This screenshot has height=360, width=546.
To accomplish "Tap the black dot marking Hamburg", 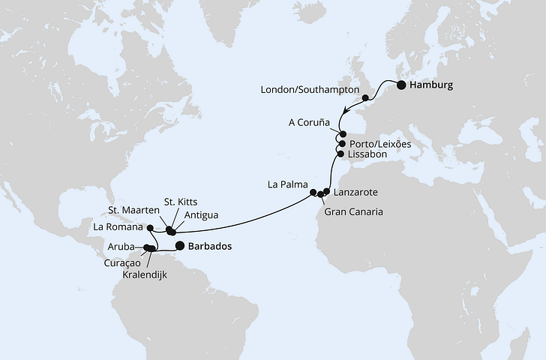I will (x=401, y=85).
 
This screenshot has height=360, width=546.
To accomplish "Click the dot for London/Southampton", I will (x=365, y=97).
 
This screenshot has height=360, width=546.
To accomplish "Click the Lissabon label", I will (x=367, y=154).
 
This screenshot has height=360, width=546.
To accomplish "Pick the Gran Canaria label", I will (x=354, y=212).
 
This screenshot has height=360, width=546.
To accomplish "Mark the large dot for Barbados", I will (x=180, y=245).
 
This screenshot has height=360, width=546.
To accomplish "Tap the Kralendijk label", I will (x=151, y=275).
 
